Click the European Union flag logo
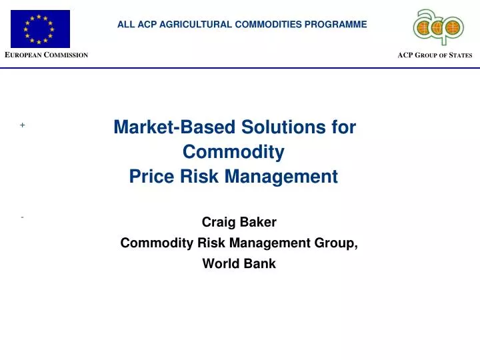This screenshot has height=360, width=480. pyautogui.click(x=40, y=29)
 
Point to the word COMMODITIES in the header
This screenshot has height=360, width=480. pyautogui.click(x=268, y=25)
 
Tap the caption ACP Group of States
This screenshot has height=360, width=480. pyautogui.click(x=435, y=55)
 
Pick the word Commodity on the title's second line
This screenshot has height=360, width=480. pyautogui.click(x=233, y=152)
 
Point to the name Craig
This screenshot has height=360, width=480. pyautogui.click(x=216, y=222)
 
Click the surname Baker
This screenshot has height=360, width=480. pyautogui.click(x=259, y=222)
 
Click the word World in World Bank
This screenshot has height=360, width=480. pyautogui.click(x=219, y=263)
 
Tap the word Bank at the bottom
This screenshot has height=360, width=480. pyautogui.click(x=260, y=263)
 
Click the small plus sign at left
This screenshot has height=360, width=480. pyautogui.click(x=22, y=125)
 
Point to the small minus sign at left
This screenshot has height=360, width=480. pyautogui.click(x=22, y=217)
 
